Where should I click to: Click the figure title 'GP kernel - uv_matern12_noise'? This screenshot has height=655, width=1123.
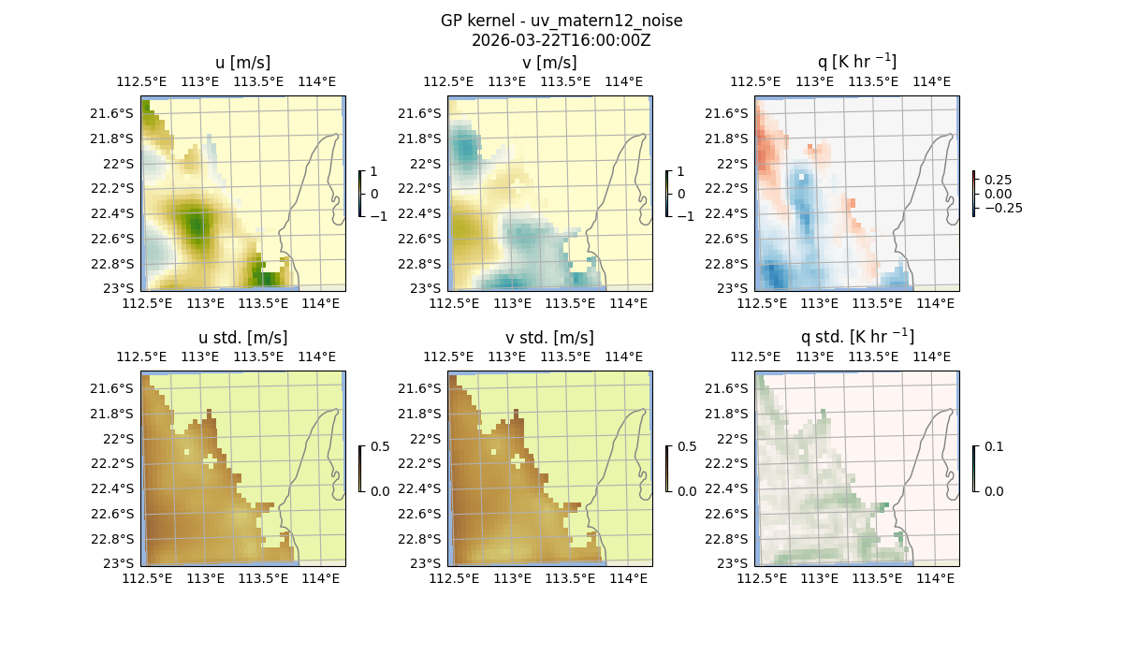tap(561, 21)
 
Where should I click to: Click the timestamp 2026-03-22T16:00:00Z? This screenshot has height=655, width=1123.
tap(561, 40)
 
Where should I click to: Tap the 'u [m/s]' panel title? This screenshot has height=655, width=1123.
tap(242, 63)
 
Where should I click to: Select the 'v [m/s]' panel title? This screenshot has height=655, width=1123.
tap(549, 63)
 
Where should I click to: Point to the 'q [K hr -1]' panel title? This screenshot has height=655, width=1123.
tap(856, 62)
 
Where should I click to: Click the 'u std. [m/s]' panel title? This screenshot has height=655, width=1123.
tap(242, 338)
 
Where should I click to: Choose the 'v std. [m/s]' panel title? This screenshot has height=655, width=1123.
tap(549, 338)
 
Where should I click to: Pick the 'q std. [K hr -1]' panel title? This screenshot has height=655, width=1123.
tap(856, 337)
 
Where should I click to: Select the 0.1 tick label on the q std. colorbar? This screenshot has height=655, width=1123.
tap(993, 446)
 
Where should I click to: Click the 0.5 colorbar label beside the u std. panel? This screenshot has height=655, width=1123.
tap(379, 446)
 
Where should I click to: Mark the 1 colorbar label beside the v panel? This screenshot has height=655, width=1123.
tap(681, 172)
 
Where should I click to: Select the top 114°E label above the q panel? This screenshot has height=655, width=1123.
tap(931, 81)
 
